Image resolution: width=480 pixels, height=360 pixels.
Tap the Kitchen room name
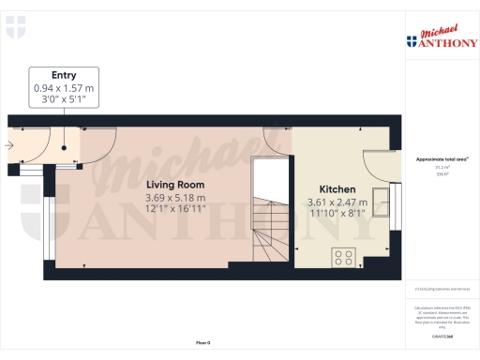[x=337, y=187]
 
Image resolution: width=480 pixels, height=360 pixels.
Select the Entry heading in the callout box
[x=64, y=75]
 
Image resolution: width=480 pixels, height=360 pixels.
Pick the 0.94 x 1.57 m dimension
[x=64, y=88]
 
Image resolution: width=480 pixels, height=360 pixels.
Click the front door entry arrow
[x=10, y=145]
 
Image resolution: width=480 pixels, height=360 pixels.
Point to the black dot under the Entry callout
[x=64, y=146]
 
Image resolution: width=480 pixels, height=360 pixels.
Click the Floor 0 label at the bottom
[x=202, y=344]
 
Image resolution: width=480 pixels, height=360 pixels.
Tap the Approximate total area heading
[x=442, y=159]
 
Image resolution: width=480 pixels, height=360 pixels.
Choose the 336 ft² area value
[x=442, y=174]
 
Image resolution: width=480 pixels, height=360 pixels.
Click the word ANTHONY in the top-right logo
[x=445, y=41]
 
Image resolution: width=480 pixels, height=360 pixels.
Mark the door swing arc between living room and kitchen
[x=278, y=138]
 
